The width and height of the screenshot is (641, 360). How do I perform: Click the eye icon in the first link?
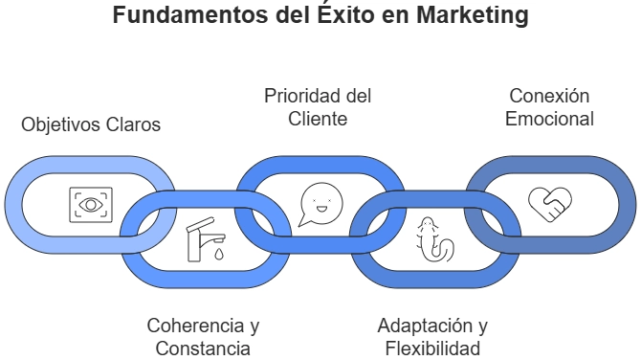pyautogui.click(x=91, y=204)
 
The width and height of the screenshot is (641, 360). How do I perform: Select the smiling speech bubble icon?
pyautogui.click(x=320, y=203)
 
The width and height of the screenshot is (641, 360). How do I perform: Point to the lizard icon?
pyautogui.click(x=434, y=240)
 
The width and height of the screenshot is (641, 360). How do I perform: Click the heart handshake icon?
pyautogui.click(x=550, y=203)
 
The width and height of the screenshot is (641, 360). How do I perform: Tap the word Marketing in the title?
pyautogui.click(x=474, y=16)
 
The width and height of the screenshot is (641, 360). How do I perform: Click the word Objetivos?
pyautogui.click(x=57, y=125)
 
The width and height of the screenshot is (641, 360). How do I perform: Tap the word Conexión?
pyautogui.click(x=549, y=96)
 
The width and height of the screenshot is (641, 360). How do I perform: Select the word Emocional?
pyautogui.click(x=549, y=120)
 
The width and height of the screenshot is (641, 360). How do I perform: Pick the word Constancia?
pyautogui.click(x=203, y=349)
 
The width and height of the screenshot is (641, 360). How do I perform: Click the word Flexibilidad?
pyautogui.click(x=432, y=349)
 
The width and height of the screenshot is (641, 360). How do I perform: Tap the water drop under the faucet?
pyautogui.click(x=219, y=256)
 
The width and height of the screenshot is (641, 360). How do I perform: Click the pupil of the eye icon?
pyautogui.click(x=91, y=204)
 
